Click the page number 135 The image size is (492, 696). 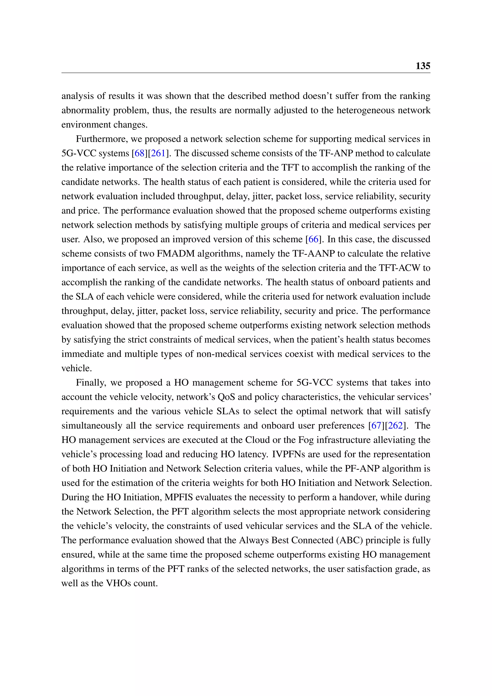pyautogui.click(x=423, y=66)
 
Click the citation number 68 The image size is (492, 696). pyautogui.click(x=139, y=153)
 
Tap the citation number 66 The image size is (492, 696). pyautogui.click(x=313, y=239)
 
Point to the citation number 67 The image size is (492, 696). pyautogui.click(x=376, y=425)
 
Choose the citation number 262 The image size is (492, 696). pyautogui.click(x=395, y=425)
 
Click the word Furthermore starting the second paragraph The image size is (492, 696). pyautogui.click(x=101, y=139)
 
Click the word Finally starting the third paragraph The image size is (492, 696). pyautogui.click(x=91, y=383)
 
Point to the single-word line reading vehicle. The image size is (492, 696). pyautogui.click(x=76, y=368)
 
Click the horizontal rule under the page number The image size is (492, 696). pyautogui.click(x=246, y=73)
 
